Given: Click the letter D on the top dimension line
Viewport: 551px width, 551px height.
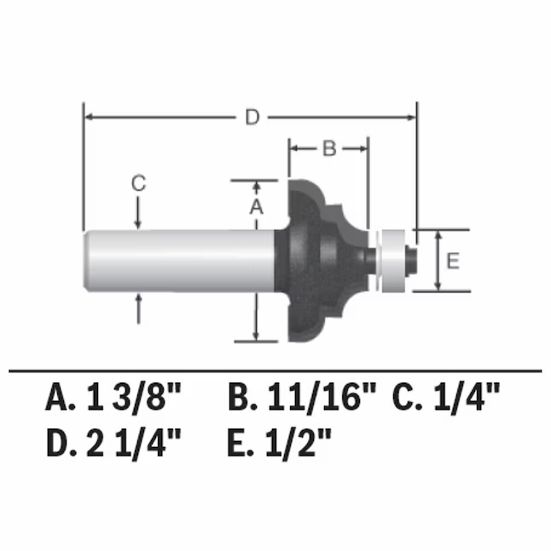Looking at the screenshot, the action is [252, 117].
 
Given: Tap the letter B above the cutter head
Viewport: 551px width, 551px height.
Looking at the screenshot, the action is [329, 148].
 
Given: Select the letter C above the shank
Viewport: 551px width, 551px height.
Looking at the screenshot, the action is [138, 183].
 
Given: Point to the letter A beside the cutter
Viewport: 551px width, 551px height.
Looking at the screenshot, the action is [256, 206].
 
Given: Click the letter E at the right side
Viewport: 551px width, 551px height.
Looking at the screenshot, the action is [453, 261].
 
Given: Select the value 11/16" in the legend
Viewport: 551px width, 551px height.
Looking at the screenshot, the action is [322, 397].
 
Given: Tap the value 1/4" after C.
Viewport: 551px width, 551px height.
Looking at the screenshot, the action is [467, 397].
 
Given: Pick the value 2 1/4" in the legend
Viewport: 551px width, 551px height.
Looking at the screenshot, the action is [134, 444].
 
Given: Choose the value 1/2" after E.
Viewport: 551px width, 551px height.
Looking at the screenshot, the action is [299, 444].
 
